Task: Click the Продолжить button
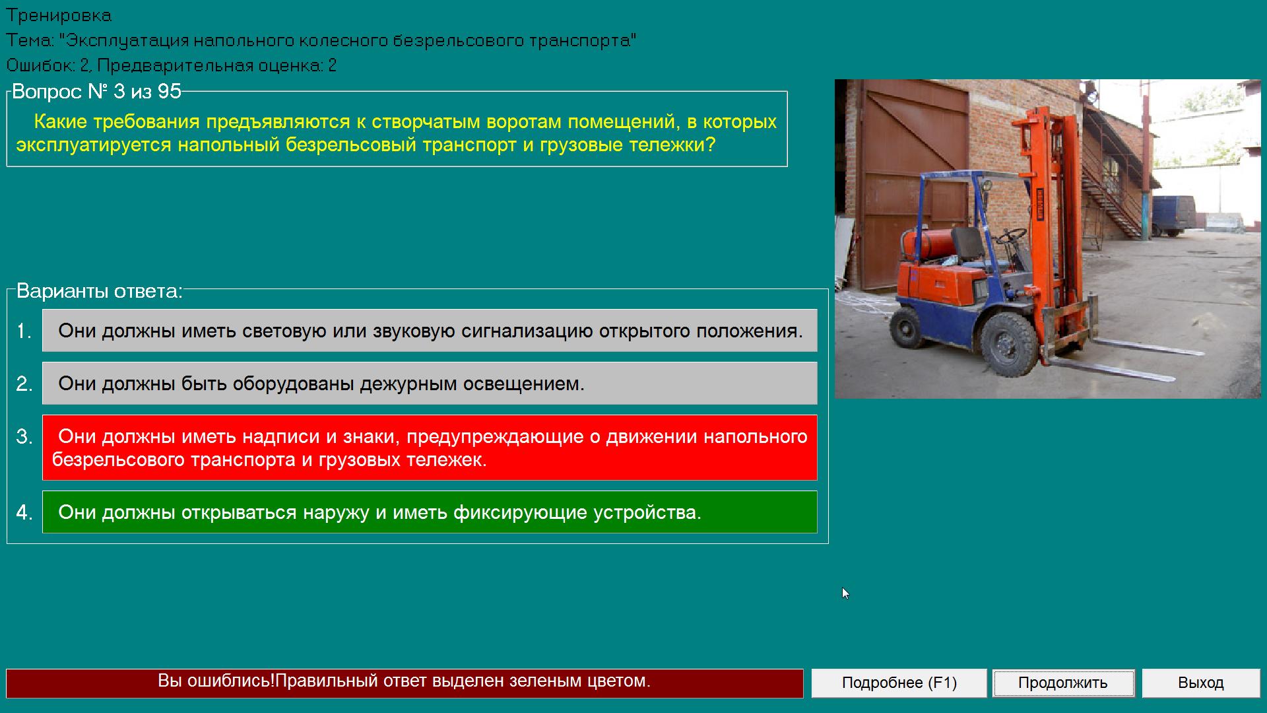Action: point(1063,683)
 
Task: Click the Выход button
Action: point(1201,683)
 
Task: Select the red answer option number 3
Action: point(430,448)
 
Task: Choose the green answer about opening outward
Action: point(430,512)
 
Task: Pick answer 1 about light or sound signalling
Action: point(430,330)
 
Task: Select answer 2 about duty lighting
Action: point(430,383)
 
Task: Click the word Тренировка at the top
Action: point(59,15)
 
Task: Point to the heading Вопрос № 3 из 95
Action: point(96,91)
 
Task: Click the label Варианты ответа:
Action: point(99,291)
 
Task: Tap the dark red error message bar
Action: point(405,683)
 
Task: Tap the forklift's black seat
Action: point(967,245)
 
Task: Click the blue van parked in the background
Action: point(1174,215)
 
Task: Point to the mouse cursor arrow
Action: point(845,593)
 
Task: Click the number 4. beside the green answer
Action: point(24,512)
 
